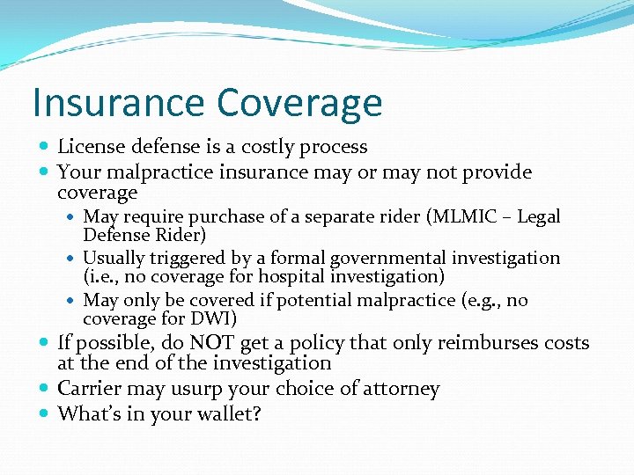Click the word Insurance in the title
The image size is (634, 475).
[x=117, y=102]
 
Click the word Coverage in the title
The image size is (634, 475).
[x=299, y=104]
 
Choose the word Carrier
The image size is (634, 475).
[x=89, y=389]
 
